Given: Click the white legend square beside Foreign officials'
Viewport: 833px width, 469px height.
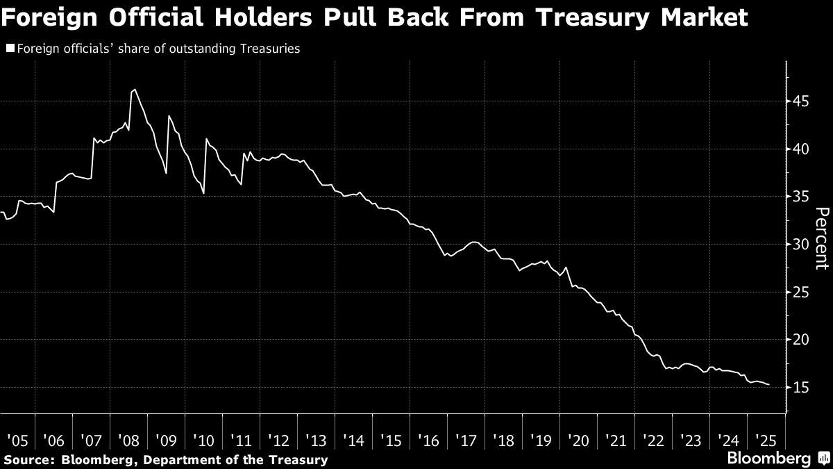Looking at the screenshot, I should pos(9,49).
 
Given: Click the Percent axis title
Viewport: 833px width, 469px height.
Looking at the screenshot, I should pos(821,238).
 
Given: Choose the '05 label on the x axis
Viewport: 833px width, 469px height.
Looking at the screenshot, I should pos(18,441).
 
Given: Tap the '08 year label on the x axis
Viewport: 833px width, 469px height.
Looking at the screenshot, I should pos(130,441).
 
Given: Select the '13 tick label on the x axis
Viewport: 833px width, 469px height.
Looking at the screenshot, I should pos(316,441).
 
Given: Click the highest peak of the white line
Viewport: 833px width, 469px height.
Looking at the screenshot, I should pos(133,90).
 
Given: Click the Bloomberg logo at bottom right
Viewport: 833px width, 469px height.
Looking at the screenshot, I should pos(768,459).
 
